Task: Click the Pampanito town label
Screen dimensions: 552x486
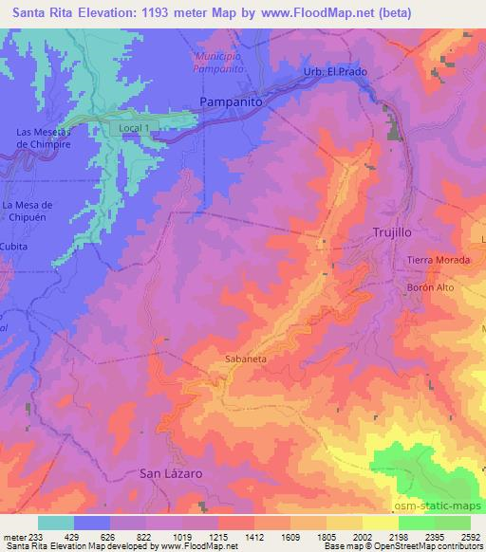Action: (230, 100)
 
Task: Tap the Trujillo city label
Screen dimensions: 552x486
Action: (392, 232)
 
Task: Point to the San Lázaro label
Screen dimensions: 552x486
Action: (172, 472)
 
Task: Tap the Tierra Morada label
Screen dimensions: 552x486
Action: (433, 262)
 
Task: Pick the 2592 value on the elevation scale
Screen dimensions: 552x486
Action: (469, 536)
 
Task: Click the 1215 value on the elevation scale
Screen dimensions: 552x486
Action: (218, 536)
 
